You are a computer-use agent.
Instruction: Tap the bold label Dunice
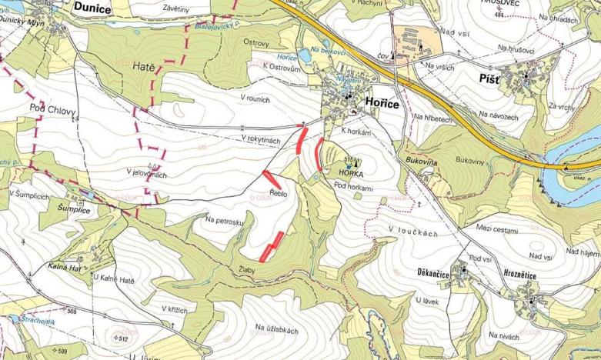pyautogui.click(x=94, y=8)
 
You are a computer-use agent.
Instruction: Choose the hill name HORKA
pyautogui.click(x=351, y=174)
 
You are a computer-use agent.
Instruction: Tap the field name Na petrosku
pyautogui.click(x=225, y=220)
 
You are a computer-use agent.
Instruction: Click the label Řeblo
pyautogui.click(x=279, y=194)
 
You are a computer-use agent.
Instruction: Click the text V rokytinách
pyautogui.click(x=263, y=138)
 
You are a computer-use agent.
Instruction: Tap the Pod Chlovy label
pyautogui.click(x=52, y=108)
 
